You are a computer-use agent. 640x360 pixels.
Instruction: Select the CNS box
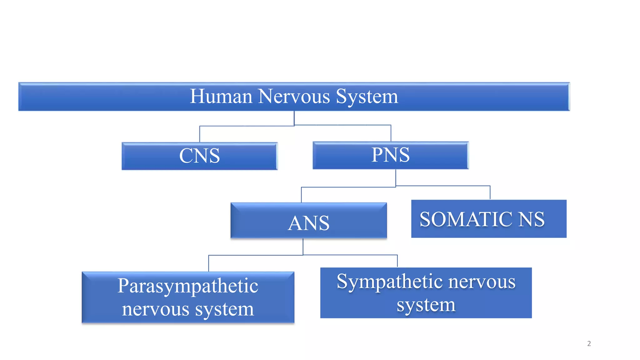point(199,156)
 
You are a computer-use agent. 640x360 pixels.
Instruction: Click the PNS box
point(390,155)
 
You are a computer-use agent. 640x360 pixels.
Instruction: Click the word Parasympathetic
point(188,286)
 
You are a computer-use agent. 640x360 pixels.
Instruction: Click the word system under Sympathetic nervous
point(426,305)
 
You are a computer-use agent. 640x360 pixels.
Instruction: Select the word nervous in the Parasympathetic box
point(155,309)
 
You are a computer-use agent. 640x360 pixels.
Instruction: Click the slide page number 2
point(589,343)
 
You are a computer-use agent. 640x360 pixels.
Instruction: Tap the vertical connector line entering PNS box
point(391,133)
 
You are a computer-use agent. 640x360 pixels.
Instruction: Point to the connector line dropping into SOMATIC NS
point(490,192)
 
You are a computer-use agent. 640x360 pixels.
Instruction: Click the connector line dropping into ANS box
point(301,195)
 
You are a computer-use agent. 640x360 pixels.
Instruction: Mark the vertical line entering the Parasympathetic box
point(209,263)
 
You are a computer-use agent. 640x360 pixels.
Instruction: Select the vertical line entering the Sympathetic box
point(397,261)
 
